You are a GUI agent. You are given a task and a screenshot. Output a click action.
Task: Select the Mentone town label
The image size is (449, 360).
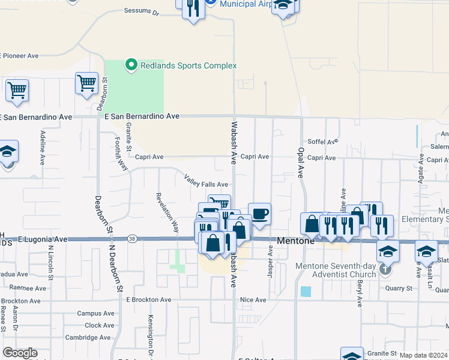coord(296,240)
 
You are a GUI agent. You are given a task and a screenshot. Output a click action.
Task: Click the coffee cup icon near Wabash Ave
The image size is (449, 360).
coord(259,214)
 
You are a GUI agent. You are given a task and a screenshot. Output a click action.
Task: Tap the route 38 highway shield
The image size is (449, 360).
coord(132,239)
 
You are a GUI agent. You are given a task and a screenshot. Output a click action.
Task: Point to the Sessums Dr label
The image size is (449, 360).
coord(141,11)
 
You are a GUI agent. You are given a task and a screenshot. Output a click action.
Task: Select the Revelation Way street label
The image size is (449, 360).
coord(167,212)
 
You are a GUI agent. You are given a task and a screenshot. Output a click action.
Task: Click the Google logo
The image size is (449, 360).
coord(20,353)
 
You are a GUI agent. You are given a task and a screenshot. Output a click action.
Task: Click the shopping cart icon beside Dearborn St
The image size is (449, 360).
coord(87,83)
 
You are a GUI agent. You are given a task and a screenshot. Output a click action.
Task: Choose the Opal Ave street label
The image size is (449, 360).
coord(301,163)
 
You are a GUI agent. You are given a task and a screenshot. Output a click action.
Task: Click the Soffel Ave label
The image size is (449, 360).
coord(323,142)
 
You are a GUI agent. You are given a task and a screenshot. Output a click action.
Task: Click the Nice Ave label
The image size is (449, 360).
coord(253,299)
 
